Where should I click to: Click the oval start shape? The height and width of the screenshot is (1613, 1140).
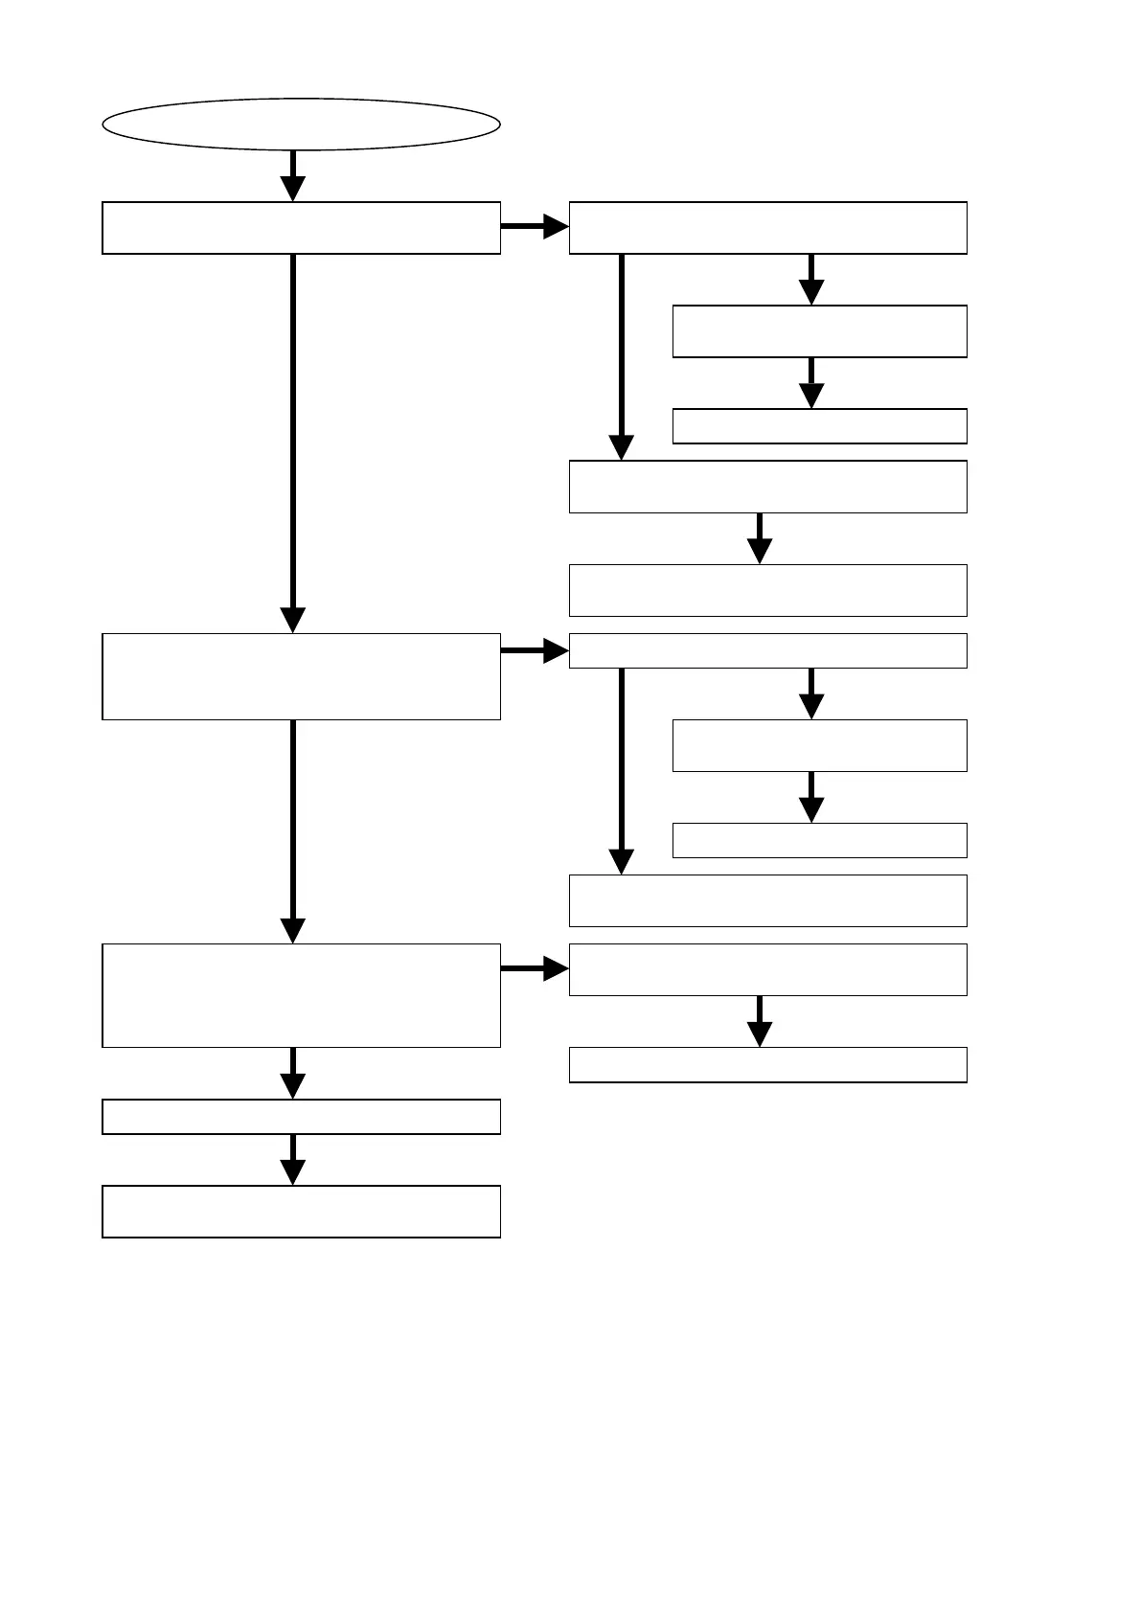point(301,124)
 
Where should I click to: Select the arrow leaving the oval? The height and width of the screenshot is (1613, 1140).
point(292,175)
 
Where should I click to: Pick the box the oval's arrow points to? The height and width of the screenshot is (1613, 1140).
point(301,228)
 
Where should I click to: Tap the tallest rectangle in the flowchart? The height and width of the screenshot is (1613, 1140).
point(301,995)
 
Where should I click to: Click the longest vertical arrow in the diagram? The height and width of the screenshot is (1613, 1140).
point(292,441)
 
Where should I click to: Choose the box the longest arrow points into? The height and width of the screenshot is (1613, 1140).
point(301,676)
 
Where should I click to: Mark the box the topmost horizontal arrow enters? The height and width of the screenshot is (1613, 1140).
point(767,228)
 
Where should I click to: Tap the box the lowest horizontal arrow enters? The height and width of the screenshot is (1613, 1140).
point(767,969)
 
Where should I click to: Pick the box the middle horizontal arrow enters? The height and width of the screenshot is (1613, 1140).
point(767,650)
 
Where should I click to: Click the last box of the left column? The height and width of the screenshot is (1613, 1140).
point(301,1212)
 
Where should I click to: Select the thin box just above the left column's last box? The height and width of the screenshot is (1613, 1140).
point(301,1117)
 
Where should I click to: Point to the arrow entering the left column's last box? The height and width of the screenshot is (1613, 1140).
point(292,1159)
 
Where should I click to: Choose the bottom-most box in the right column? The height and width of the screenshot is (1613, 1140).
point(767,1065)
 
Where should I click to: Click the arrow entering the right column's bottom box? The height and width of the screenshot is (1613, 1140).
point(760,1021)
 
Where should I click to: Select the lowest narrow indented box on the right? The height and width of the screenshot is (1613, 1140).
point(819,840)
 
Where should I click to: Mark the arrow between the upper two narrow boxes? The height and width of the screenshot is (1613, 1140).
point(811,383)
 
